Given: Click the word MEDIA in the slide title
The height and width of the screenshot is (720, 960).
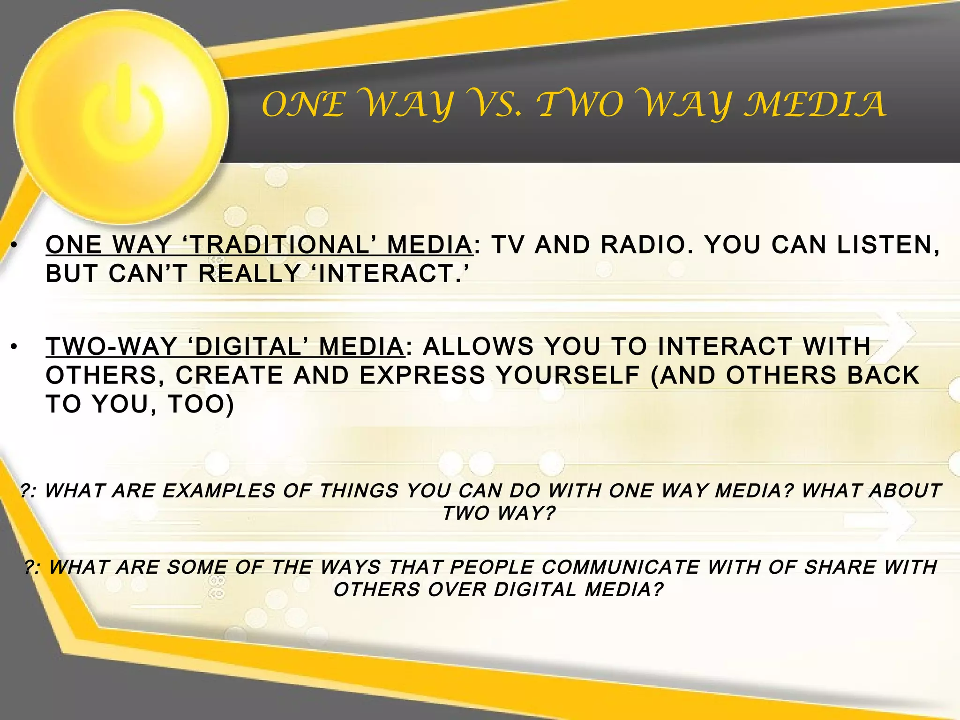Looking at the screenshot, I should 815,105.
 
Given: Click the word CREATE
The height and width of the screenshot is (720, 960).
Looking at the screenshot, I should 230,375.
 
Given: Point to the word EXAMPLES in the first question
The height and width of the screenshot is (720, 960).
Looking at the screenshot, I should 218,491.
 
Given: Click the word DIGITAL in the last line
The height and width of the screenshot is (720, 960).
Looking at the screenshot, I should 535,590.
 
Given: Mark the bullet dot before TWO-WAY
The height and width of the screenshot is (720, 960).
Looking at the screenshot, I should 15,347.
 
